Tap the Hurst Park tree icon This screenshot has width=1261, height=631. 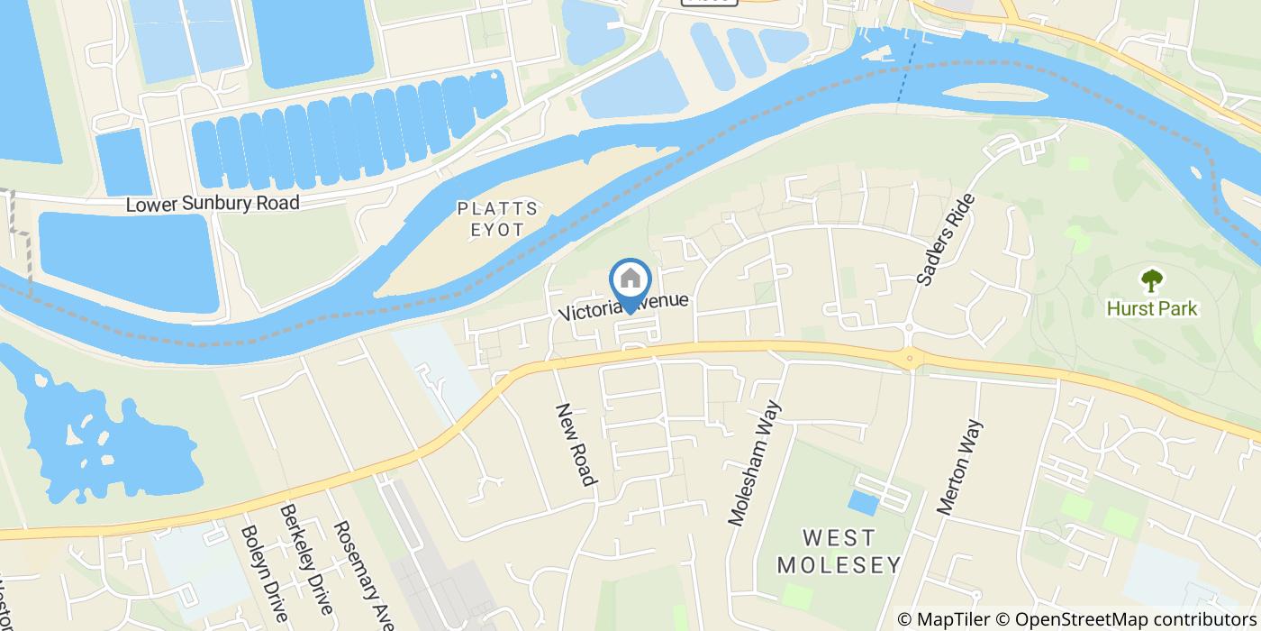pos(1151,281)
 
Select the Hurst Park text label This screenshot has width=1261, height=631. pos(1152,309)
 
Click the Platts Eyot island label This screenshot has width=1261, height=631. pos(497,219)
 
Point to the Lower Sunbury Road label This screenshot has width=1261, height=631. pos(213,204)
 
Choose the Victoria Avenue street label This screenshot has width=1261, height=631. pos(623,306)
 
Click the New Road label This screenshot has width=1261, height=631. pos(576,444)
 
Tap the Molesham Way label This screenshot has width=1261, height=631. pos(753,462)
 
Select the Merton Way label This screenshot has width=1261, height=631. pos(959,466)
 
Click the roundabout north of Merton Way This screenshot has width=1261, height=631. pos(911,360)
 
